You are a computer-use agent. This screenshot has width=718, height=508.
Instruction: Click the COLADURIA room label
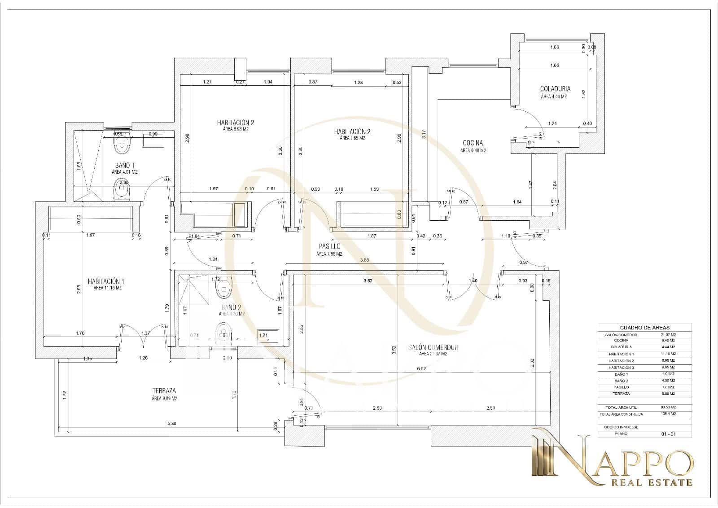click(555, 89)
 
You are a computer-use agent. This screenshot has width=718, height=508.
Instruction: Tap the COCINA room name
click(473, 143)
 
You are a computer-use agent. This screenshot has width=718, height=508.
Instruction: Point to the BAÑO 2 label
click(232, 307)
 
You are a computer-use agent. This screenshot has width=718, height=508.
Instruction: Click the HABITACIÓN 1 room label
click(106, 281)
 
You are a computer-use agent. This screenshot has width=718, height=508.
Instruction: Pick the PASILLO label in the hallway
click(329, 246)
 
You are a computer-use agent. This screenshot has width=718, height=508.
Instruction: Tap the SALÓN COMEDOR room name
click(433, 347)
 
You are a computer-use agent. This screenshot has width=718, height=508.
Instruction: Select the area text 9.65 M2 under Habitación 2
click(352, 138)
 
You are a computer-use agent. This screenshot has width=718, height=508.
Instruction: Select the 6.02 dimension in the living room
click(421, 369)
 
